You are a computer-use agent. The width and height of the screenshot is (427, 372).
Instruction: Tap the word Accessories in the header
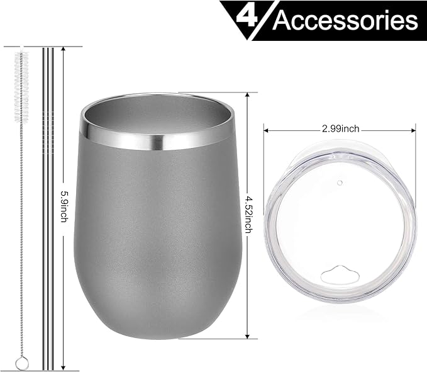345,21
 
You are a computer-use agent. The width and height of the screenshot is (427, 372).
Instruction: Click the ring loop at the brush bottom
22,363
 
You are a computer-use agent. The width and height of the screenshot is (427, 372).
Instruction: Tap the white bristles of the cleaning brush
24,76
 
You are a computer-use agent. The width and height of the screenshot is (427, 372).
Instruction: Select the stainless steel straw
48,208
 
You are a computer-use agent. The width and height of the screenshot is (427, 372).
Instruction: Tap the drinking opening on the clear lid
339,273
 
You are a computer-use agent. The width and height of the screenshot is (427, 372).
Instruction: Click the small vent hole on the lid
340,183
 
